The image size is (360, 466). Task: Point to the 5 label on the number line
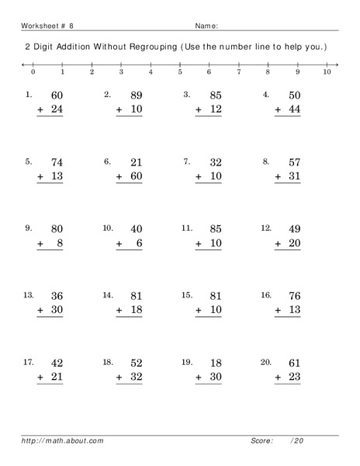tap(180, 71)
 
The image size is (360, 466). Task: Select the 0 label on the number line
tap(33, 71)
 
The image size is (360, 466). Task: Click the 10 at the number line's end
tap(327, 71)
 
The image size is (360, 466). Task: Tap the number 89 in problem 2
tap(137, 96)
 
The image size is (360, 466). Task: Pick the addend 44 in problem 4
tap(294, 110)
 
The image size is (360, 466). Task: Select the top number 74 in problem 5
tap(57, 163)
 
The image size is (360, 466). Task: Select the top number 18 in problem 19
tap(215, 363)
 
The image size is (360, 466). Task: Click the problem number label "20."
tap(266, 362)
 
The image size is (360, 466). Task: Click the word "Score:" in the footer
tap(261, 441)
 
